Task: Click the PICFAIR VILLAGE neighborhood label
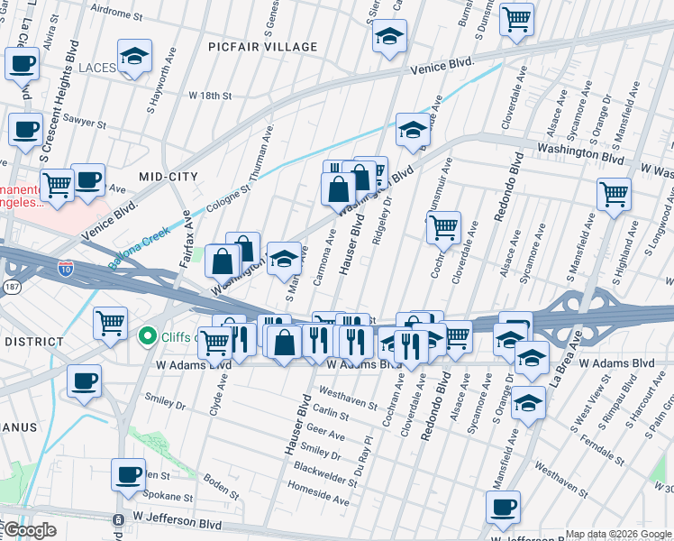262,47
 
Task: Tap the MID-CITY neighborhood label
168,176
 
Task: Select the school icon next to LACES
134,56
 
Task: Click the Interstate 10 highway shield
66,268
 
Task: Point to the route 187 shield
10,286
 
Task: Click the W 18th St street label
210,96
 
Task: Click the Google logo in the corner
29,530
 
